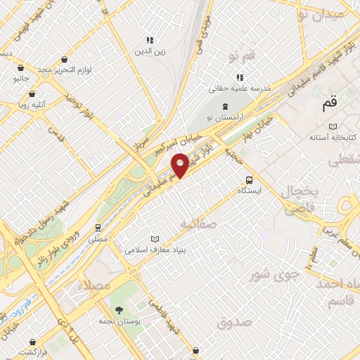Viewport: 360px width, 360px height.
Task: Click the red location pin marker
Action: point(181,165)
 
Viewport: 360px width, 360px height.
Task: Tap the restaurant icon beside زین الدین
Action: point(149,40)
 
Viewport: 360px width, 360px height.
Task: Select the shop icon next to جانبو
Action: point(21,68)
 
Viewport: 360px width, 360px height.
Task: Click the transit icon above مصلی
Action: point(98,228)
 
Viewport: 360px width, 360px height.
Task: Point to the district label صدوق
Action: point(233,323)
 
